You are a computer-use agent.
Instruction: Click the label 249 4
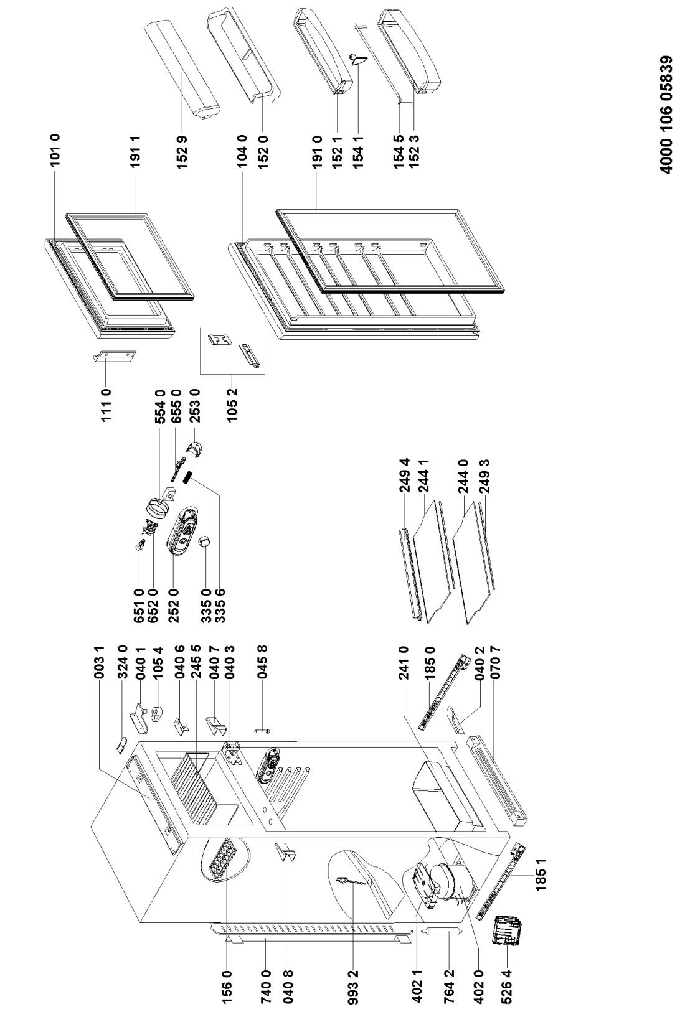click(x=405, y=475)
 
